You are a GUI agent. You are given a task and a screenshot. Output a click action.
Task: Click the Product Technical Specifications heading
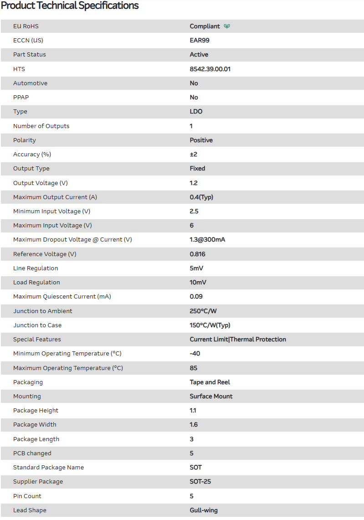click(70, 6)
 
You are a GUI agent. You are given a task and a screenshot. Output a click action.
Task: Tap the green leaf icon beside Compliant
click(227, 26)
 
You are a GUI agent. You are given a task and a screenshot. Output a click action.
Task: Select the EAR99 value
click(200, 40)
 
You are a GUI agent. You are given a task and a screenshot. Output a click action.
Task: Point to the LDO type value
click(196, 112)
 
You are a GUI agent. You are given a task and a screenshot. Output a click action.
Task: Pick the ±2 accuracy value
click(194, 154)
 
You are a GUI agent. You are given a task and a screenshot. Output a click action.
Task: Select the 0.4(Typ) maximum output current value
click(201, 197)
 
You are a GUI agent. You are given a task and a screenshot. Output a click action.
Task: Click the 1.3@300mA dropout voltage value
click(207, 240)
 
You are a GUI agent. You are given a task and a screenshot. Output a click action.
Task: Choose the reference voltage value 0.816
click(198, 254)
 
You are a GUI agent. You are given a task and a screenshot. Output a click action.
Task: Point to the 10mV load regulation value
click(198, 283)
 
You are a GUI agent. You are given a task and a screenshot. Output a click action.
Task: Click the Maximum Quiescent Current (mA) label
click(62, 297)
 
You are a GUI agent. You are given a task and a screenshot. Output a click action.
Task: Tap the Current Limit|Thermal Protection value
click(238, 340)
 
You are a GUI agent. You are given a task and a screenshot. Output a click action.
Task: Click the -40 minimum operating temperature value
click(195, 354)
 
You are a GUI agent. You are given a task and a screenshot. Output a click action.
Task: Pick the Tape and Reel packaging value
click(210, 382)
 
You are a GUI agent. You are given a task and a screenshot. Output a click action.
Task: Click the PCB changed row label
click(32, 453)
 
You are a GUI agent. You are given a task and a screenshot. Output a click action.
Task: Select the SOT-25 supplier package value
click(200, 482)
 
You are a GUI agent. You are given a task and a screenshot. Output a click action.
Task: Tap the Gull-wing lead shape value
click(204, 510)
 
